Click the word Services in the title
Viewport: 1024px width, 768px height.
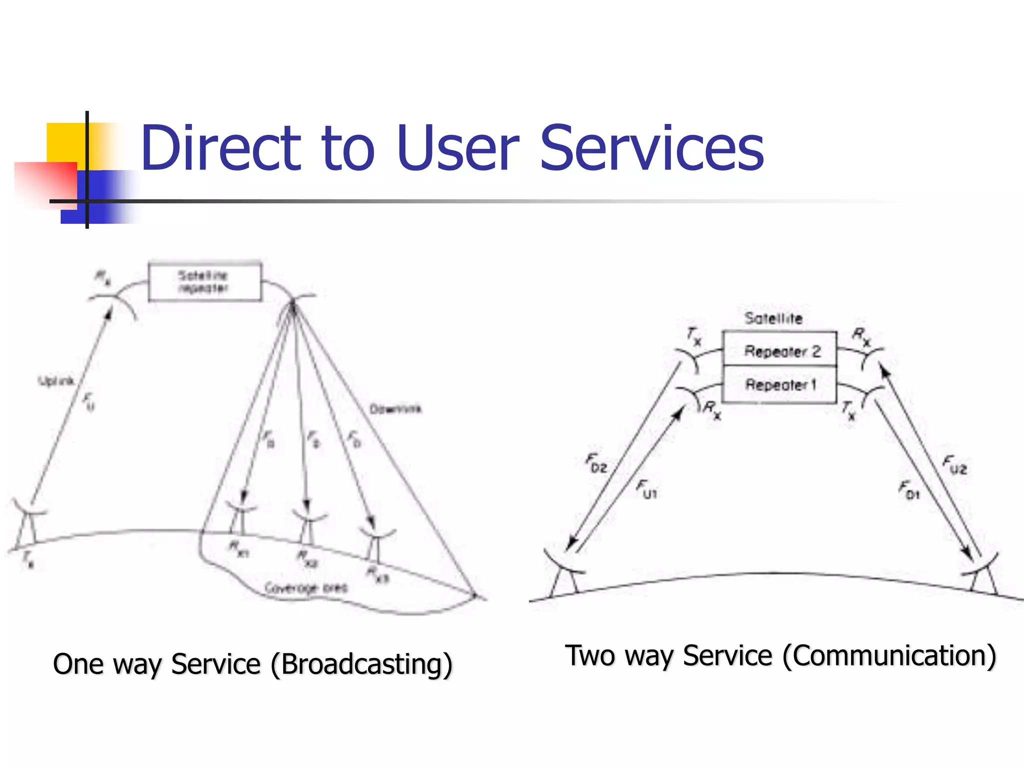tap(652, 148)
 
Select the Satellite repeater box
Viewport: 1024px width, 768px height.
tap(204, 282)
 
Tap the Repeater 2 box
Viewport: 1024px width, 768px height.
tap(779, 349)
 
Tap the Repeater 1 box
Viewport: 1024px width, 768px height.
tap(779, 384)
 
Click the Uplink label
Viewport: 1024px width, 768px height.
tap(56, 381)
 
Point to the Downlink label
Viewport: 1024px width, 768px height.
tap(395, 409)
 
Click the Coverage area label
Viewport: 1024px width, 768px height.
tap(305, 588)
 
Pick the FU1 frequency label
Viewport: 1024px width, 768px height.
tap(646, 488)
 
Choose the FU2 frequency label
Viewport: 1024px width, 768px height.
tap(954, 464)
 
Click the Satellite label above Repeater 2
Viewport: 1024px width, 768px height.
tap(773, 318)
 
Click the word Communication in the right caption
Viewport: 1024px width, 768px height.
tap(889, 656)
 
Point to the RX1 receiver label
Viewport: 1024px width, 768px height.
tap(239, 548)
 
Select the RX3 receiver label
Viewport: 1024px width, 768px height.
tap(377, 574)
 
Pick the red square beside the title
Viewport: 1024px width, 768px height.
tap(45, 182)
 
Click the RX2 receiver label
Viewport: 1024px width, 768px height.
tap(307, 558)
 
